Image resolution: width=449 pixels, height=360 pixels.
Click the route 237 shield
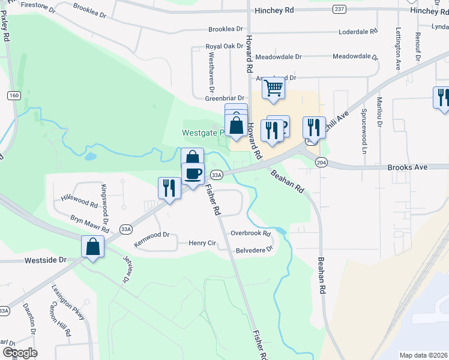click(x=340, y=9)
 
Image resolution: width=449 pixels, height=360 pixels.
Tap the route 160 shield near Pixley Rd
click(x=14, y=95)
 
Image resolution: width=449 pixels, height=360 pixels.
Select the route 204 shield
click(x=322, y=162)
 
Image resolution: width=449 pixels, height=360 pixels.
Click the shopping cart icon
click(x=273, y=88)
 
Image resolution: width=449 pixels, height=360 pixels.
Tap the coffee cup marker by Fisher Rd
click(x=193, y=174)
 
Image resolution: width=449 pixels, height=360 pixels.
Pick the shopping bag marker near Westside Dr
click(x=93, y=247)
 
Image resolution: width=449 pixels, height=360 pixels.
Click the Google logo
click(x=19, y=352)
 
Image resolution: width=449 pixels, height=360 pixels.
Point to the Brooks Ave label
click(x=407, y=168)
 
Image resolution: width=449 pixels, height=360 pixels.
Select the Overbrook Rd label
click(x=251, y=233)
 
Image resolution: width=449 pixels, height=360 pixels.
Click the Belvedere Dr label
click(x=254, y=249)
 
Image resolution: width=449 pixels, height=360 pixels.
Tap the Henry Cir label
click(x=202, y=243)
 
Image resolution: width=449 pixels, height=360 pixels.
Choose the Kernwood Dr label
click(x=152, y=235)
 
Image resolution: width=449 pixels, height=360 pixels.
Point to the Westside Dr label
click(x=44, y=261)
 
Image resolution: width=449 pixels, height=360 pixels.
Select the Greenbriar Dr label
click(x=225, y=98)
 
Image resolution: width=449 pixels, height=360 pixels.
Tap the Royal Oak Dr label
click(x=224, y=46)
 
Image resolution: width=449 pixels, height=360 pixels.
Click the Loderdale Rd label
click(x=358, y=31)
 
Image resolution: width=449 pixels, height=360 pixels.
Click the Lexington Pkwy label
click(x=68, y=303)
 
